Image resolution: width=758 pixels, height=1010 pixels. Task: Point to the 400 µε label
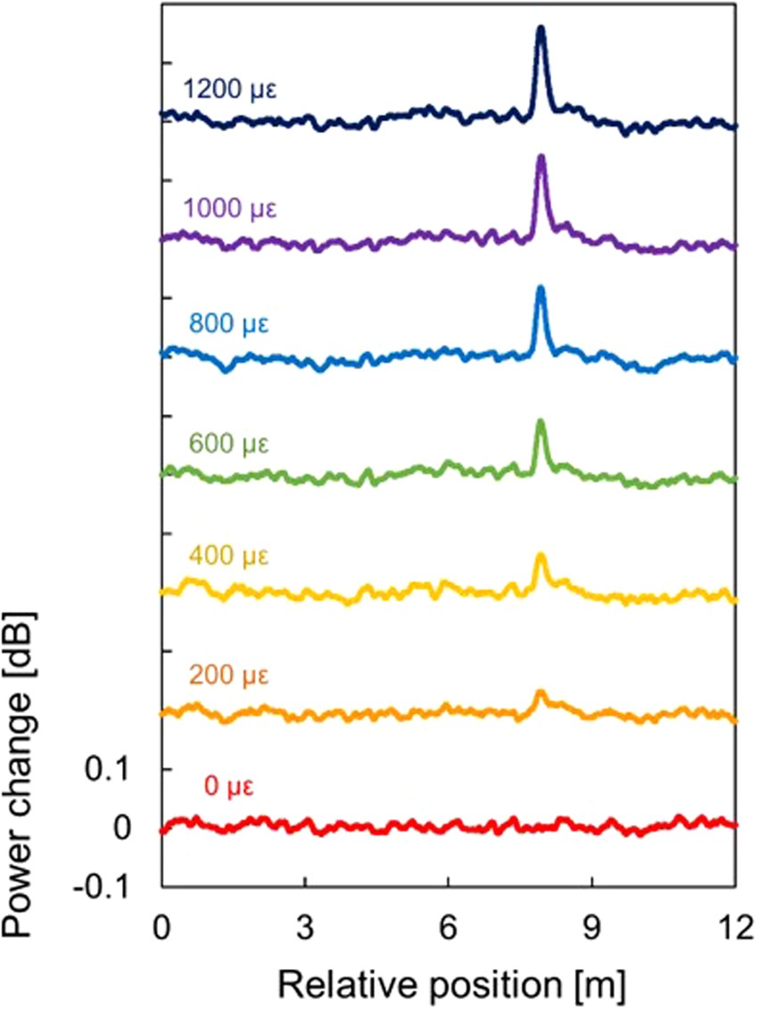click(x=229, y=557)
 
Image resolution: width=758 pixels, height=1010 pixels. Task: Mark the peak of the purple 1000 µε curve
click(x=540, y=157)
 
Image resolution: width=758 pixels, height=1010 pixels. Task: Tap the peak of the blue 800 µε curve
click(x=540, y=287)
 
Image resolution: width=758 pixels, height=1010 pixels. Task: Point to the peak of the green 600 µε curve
click(x=540, y=421)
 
